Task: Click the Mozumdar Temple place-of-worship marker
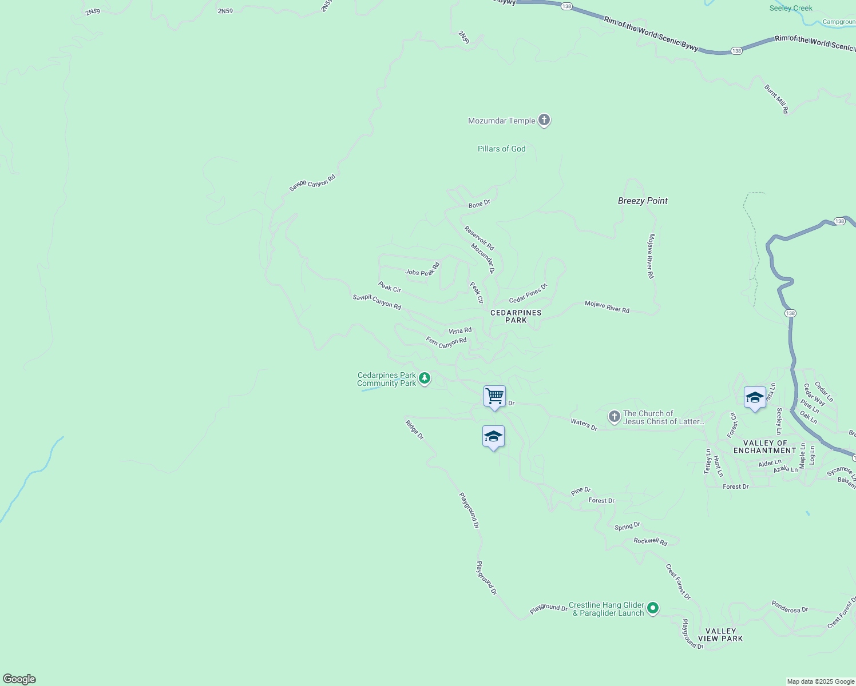[x=544, y=121]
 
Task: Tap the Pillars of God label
[x=501, y=149]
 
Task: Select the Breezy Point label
[x=643, y=201]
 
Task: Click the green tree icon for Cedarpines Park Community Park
[x=425, y=378]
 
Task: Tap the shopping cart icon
[x=494, y=396]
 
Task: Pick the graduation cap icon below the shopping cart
[x=493, y=437]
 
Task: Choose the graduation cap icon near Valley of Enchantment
[x=755, y=397]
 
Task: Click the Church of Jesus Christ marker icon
[x=614, y=417]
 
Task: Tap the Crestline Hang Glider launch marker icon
[x=653, y=608]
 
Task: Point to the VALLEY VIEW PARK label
[x=720, y=635]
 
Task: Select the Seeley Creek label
[x=791, y=8]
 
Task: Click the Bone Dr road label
[x=479, y=204]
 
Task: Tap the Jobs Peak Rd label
[x=422, y=269]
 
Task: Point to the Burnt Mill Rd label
[x=776, y=99]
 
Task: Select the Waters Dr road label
[x=584, y=424]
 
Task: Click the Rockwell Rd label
[x=651, y=541]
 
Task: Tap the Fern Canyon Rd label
[x=446, y=342]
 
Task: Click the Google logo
[x=19, y=679]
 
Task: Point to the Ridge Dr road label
[x=414, y=430]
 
